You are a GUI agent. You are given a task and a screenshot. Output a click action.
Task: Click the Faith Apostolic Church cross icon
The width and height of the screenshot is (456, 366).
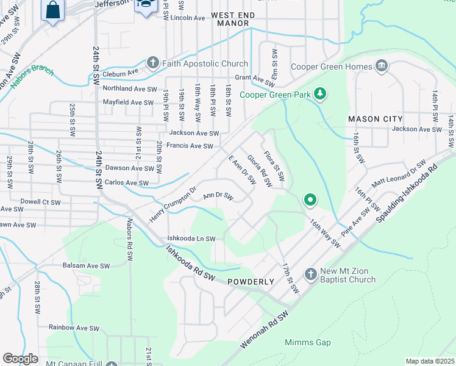click(153, 63)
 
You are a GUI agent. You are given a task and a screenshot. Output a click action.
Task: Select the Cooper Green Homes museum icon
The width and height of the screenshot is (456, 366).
click(382, 66)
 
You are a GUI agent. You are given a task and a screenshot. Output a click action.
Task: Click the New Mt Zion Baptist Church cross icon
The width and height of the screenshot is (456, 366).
click(310, 273)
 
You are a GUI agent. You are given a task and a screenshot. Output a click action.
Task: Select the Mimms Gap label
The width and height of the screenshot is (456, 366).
click(308, 342)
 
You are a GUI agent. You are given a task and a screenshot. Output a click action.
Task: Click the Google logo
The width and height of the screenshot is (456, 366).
click(20, 358)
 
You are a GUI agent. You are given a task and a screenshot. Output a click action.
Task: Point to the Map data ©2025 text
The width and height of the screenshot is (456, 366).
click(430, 361)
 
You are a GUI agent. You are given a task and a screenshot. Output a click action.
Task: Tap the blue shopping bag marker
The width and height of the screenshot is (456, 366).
click(52, 11)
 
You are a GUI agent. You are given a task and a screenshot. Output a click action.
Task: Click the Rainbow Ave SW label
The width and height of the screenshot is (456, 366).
click(74, 328)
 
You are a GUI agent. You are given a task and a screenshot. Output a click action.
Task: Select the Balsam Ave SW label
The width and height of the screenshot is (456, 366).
click(86, 266)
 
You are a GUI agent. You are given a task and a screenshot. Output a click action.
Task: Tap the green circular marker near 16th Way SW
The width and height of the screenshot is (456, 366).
click(310, 199)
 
